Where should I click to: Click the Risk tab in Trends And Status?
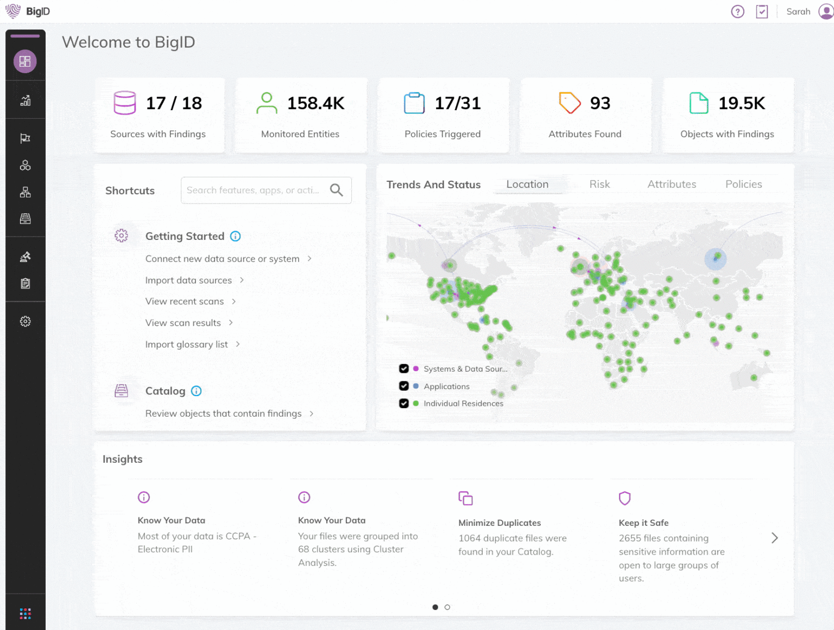599,184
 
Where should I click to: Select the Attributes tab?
672,184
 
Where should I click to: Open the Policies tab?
743,184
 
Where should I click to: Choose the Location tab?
527,184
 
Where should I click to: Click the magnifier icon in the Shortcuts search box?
337,190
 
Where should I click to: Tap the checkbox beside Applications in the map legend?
404,386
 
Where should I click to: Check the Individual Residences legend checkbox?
404,403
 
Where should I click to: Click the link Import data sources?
188,281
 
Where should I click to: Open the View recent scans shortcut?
185,302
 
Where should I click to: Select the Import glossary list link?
186,345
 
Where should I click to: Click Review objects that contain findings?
223,413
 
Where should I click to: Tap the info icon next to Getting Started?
235,236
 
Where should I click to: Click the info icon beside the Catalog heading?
197,391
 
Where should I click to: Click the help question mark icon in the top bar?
737,11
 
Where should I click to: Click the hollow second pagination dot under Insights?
447,607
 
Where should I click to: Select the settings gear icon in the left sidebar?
25,322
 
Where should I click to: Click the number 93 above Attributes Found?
600,103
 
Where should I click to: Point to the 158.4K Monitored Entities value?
315,103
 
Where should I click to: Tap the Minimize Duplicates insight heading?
500,523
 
